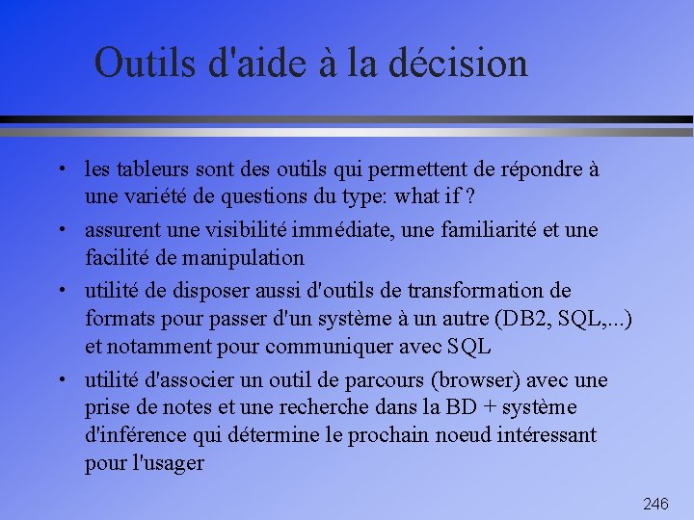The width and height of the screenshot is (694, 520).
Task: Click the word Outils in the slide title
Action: pos(146,64)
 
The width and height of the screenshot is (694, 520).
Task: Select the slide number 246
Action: pos(655,504)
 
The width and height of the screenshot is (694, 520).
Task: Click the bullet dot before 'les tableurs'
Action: pos(61,170)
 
